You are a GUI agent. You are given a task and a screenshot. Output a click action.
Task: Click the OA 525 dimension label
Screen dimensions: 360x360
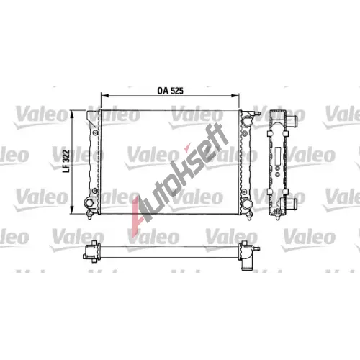170,91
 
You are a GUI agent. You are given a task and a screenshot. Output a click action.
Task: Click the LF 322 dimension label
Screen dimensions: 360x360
66,161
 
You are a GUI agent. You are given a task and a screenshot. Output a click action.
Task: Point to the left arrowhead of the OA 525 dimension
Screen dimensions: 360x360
105,96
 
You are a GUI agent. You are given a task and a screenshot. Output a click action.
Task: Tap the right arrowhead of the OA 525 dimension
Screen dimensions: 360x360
235,96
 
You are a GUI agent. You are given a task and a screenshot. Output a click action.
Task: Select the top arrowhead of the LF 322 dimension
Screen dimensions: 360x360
71,114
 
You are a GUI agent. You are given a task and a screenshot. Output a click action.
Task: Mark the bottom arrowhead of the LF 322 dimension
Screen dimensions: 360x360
71,210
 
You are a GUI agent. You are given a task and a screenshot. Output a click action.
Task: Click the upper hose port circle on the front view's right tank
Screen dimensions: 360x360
247,121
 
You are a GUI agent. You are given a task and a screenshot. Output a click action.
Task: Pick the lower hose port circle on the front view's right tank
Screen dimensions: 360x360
247,204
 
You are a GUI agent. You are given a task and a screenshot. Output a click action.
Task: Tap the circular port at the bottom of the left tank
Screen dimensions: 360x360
89,203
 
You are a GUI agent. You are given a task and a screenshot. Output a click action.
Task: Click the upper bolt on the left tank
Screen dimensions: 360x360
96,132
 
